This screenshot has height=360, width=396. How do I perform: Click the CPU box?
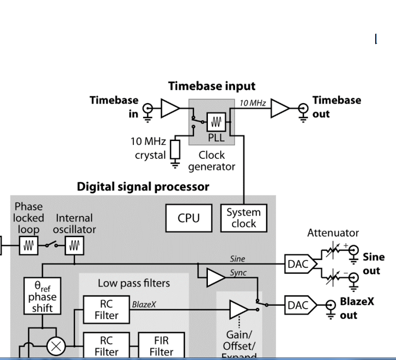click(188, 217)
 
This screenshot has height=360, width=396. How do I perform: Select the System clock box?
click(244, 217)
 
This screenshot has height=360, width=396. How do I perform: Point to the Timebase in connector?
click(147, 109)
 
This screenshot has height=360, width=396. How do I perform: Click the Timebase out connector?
click(303, 109)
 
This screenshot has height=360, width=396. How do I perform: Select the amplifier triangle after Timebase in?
click(170, 109)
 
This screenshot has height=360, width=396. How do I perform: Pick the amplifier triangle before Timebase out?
click(280, 109)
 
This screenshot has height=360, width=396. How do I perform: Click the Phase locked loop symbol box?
click(29, 244)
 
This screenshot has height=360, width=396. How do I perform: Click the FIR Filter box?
click(161, 345)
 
